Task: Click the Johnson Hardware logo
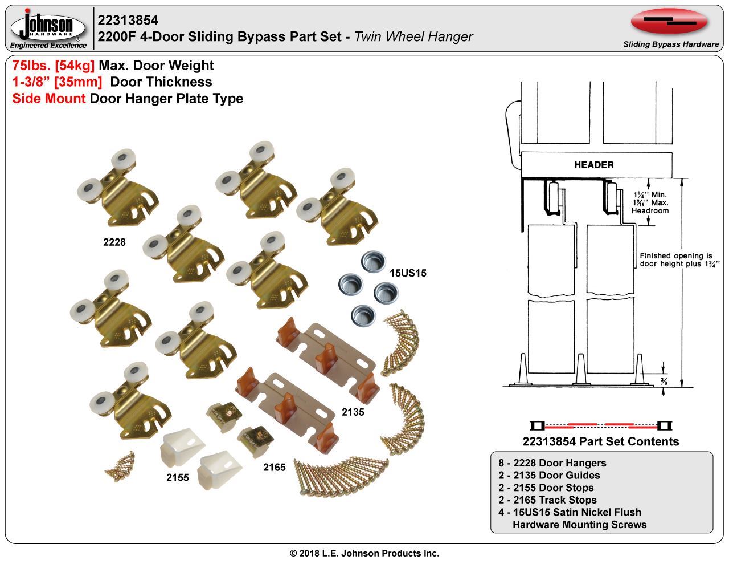click(x=48, y=29)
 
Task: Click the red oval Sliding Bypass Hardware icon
click(x=670, y=22)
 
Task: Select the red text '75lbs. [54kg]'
click(x=54, y=66)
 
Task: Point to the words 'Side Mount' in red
click(x=49, y=99)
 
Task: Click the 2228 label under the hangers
click(x=114, y=242)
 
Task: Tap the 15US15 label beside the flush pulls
click(x=408, y=273)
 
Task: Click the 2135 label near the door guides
click(x=353, y=411)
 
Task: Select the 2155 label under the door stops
click(x=177, y=478)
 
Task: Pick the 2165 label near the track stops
click(x=274, y=467)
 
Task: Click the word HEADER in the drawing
click(x=593, y=165)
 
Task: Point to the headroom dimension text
click(x=650, y=202)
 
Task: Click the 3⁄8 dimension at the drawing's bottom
click(x=665, y=383)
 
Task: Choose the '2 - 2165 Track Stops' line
click(x=547, y=500)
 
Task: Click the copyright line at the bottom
click(x=364, y=553)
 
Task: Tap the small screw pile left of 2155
click(x=120, y=465)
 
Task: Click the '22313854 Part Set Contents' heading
click(x=600, y=441)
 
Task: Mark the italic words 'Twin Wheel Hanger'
click(x=413, y=37)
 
